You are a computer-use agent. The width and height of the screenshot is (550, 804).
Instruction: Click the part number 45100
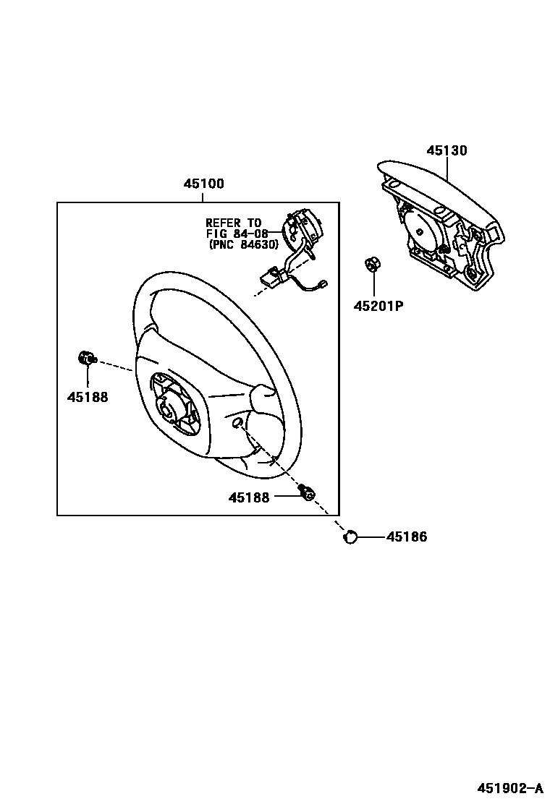[203, 184]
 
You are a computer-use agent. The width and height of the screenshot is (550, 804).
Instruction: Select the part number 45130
[447, 151]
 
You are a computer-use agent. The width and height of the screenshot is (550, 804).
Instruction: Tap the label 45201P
[378, 306]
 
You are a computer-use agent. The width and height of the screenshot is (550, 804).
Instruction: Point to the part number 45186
[407, 537]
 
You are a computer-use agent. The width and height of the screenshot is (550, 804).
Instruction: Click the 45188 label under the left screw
[88, 397]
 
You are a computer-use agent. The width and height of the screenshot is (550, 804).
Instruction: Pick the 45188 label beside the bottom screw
[249, 497]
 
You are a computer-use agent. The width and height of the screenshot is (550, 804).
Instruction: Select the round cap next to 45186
[351, 536]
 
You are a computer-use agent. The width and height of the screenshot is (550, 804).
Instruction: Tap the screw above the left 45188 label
[86, 358]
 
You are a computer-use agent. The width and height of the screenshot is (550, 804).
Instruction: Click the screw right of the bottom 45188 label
[307, 492]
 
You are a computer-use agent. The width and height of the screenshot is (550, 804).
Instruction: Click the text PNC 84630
[243, 244]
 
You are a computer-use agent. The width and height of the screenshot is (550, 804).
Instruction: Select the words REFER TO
[233, 223]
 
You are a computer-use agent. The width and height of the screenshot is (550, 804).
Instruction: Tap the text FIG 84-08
[237, 234]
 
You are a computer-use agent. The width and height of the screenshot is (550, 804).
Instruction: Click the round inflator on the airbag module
[422, 226]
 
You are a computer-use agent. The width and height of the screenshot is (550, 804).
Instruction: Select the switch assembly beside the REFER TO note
[302, 230]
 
